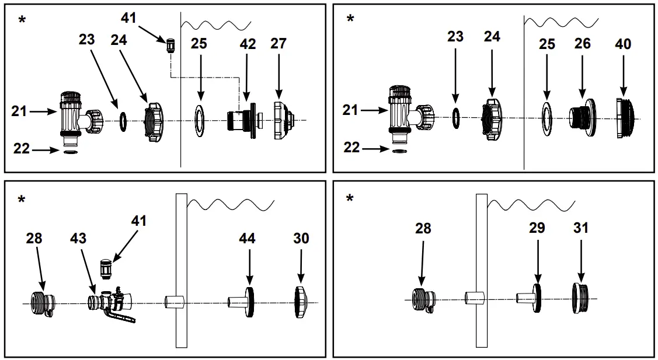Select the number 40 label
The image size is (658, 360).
point(623,44)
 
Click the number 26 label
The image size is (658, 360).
point(582,44)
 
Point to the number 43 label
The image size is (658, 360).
point(78,239)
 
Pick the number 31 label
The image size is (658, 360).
point(581,228)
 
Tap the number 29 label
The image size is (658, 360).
point(537,228)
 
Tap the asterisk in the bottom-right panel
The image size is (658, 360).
point(350,200)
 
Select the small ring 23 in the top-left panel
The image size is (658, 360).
point(123,120)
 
